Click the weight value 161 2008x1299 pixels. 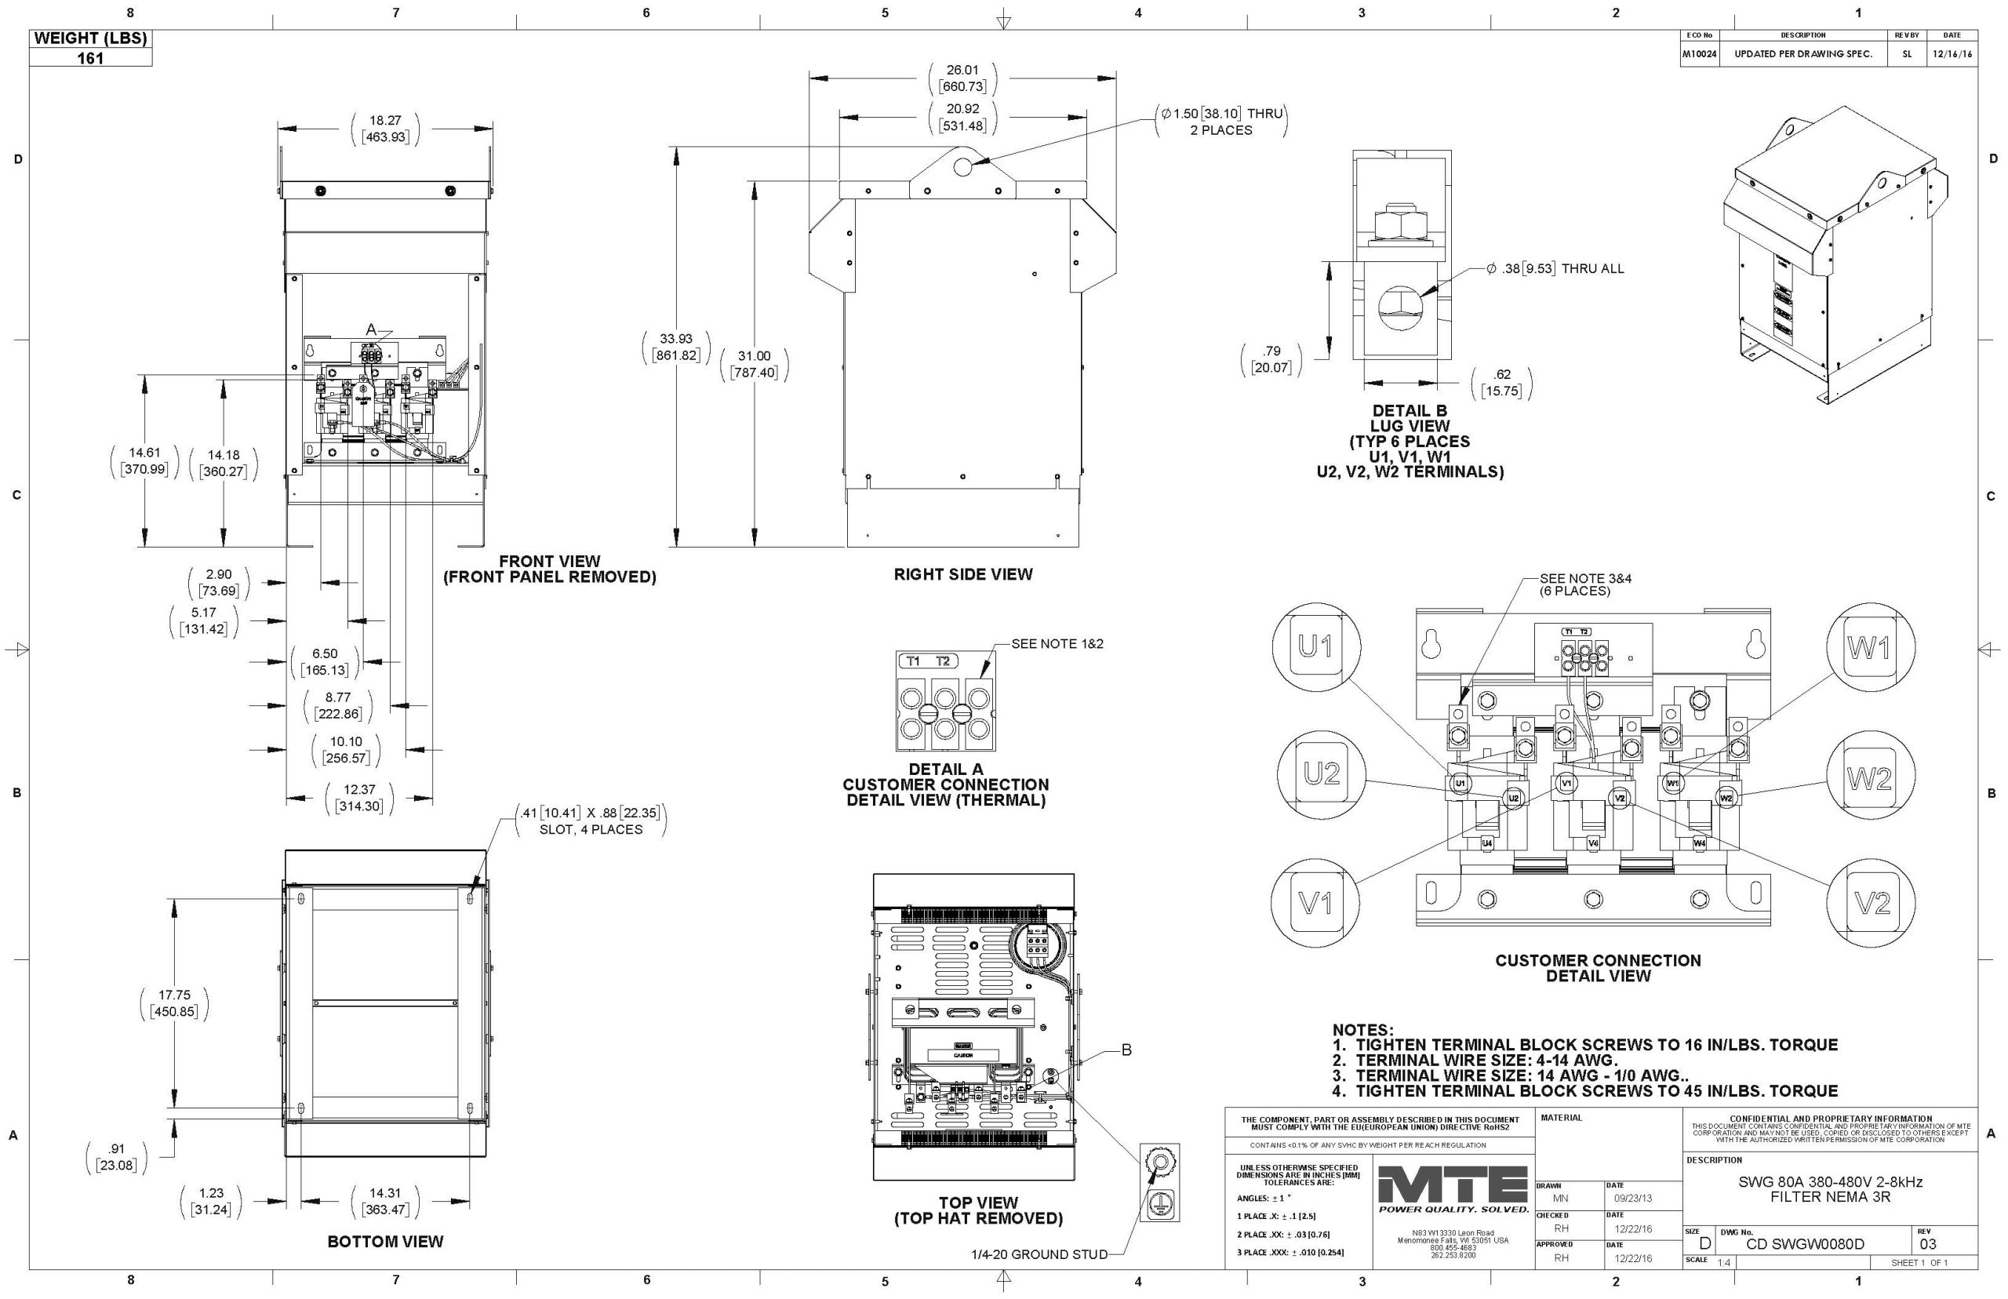coord(90,58)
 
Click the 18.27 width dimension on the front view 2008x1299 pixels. coord(384,121)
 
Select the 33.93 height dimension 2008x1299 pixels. coord(676,339)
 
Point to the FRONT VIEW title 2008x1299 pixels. coord(549,561)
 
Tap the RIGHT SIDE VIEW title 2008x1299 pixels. coord(962,574)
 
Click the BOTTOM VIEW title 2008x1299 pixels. coord(384,1241)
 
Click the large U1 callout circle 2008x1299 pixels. coord(1315,646)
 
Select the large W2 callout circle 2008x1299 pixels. coord(1870,780)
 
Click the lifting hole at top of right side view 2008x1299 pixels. coord(962,166)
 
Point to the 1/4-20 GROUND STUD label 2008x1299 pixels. coord(1039,1254)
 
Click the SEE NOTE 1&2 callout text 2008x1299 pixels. coord(1057,643)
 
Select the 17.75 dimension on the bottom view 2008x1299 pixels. coord(175,995)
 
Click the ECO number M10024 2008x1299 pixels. coord(1698,54)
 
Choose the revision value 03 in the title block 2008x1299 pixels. coord(1928,1244)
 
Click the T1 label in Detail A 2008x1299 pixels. coord(912,661)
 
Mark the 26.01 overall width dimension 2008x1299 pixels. coord(962,70)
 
